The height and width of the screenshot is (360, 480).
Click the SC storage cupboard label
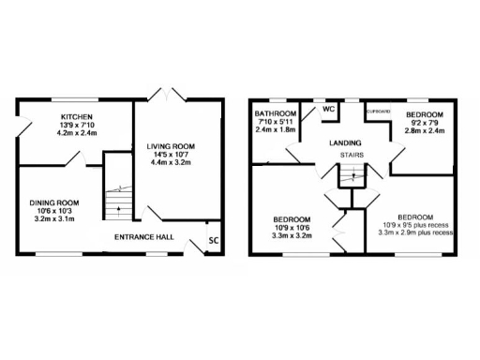click(213, 241)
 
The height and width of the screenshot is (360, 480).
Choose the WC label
click(328, 109)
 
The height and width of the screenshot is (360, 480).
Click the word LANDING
click(346, 142)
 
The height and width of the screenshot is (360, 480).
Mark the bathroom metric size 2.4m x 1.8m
click(275, 129)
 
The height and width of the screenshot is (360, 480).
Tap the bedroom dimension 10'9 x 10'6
click(292, 229)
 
